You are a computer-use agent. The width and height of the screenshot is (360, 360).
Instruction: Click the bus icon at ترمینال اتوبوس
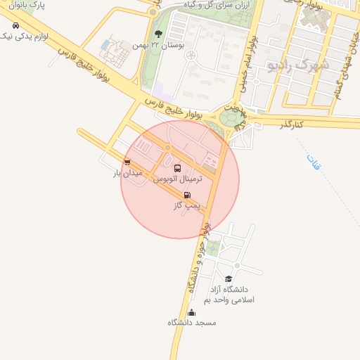coord(176,169)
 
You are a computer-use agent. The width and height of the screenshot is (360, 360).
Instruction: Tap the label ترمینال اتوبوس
coord(178,179)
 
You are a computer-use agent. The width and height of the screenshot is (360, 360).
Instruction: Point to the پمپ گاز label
coord(187,205)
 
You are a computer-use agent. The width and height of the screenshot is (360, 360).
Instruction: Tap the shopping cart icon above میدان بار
coord(127,162)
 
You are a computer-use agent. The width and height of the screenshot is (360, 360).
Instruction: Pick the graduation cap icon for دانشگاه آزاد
coord(228,278)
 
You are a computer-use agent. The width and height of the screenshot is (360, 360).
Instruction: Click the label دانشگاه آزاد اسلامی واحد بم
coord(229,295)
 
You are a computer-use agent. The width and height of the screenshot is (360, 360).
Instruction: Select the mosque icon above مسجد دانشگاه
coord(191,312)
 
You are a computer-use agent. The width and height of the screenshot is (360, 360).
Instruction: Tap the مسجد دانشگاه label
coord(192,323)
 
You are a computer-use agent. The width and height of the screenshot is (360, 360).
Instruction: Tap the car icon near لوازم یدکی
coord(15,25)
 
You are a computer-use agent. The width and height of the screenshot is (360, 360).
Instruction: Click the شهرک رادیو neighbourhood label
coord(298,65)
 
